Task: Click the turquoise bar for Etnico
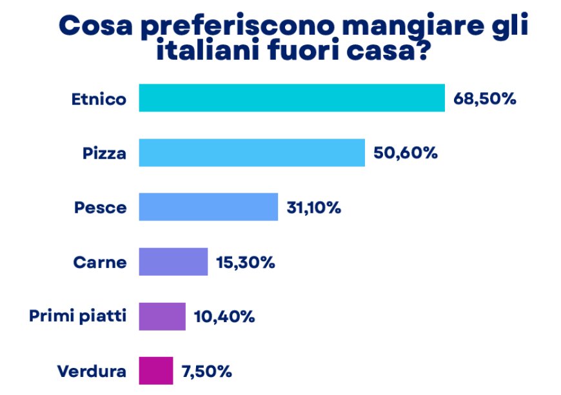coord(291,98)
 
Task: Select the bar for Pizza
coord(251,153)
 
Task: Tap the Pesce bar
coord(208,207)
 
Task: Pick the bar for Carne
coord(173,262)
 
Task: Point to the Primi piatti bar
coord(162,316)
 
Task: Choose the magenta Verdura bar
coord(155,371)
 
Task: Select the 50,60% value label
coord(406,153)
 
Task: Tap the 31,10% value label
coord(313,207)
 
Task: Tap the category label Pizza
coord(104,153)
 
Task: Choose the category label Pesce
coord(100,207)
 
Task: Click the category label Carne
coord(100,262)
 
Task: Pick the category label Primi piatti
coord(77,317)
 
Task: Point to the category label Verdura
coord(92,371)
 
